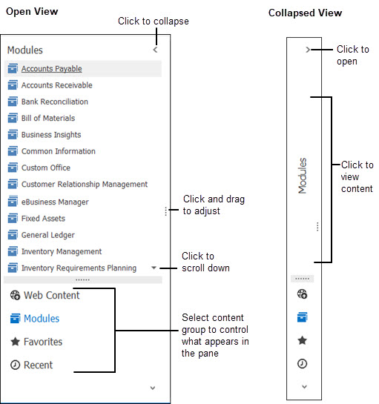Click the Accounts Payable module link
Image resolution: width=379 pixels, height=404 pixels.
click(x=51, y=69)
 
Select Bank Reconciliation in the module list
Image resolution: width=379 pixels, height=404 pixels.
click(x=54, y=102)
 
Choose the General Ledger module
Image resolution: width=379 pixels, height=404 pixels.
click(x=47, y=235)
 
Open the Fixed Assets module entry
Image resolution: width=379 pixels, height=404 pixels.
click(x=43, y=219)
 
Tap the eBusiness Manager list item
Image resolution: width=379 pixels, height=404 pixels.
click(x=55, y=202)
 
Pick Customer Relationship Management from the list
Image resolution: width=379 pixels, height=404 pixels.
click(x=84, y=185)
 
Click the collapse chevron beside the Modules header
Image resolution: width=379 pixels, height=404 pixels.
click(x=155, y=50)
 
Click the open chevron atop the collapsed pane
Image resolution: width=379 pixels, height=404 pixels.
click(x=307, y=50)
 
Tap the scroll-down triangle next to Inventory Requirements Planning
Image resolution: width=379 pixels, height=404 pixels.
click(x=154, y=268)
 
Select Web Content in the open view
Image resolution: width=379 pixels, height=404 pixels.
click(x=51, y=295)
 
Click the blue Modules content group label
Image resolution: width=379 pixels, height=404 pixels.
click(x=42, y=319)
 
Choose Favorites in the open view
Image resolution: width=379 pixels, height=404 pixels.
click(x=43, y=342)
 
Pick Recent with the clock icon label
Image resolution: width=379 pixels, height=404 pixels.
click(x=39, y=365)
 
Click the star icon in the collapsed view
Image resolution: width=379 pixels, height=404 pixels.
click(x=302, y=340)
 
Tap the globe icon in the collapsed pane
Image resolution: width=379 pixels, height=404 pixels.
click(x=302, y=294)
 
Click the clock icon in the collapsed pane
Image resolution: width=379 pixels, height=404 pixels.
click(x=302, y=363)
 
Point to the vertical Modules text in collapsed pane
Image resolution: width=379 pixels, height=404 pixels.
click(x=302, y=176)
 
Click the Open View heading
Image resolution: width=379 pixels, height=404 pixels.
click(x=32, y=12)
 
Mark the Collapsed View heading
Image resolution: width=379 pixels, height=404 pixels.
click(x=306, y=13)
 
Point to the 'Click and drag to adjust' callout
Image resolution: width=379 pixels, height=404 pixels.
click(x=214, y=205)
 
